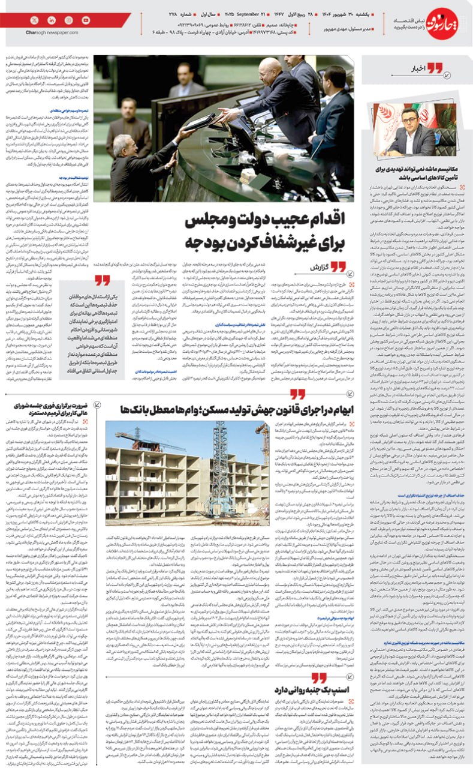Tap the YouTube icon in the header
click(86, 20)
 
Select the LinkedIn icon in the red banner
click(51, 20)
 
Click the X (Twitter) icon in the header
click(34, 20)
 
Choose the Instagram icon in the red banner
click(68, 20)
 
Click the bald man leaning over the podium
click(275, 75)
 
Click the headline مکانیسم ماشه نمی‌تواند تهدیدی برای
click(415, 175)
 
